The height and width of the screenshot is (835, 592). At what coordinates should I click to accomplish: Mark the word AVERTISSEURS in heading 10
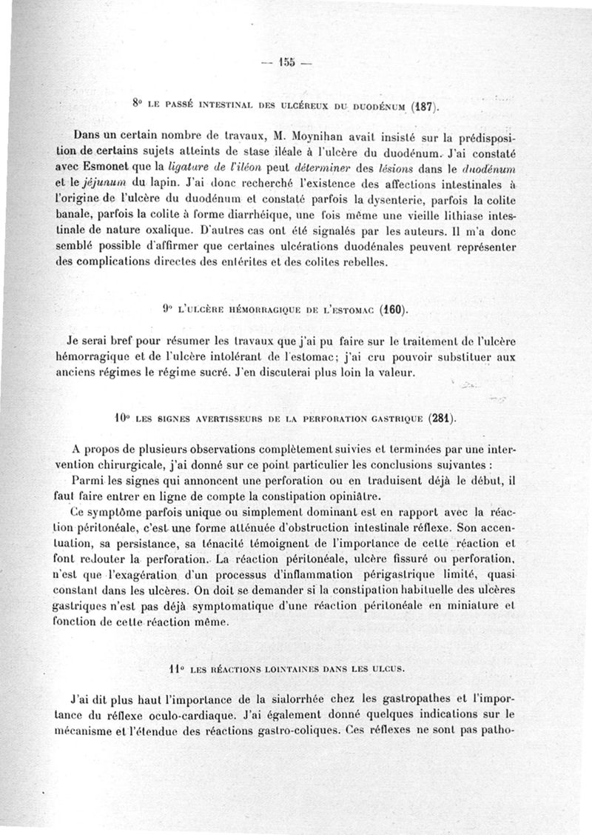[220, 419]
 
